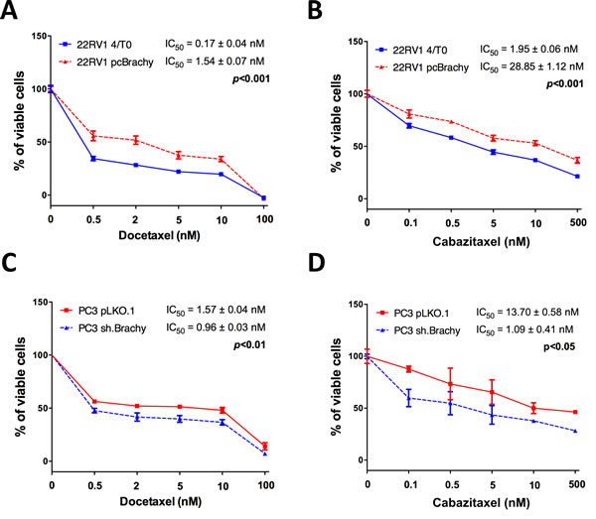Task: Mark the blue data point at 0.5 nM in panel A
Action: (x=93, y=159)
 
